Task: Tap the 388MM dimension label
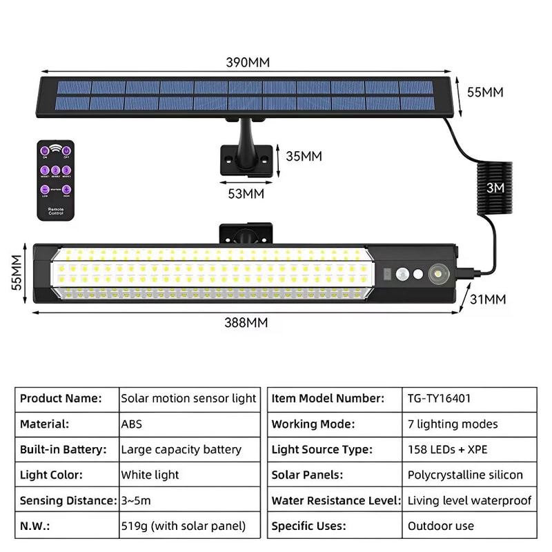pyautogui.click(x=247, y=322)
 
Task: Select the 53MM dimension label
pyautogui.click(x=246, y=194)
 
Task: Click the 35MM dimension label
pyautogui.click(x=304, y=156)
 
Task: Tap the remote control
pyautogui.click(x=56, y=180)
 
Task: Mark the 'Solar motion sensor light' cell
pyautogui.click(x=188, y=398)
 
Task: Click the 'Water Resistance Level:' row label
pyautogui.click(x=335, y=500)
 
